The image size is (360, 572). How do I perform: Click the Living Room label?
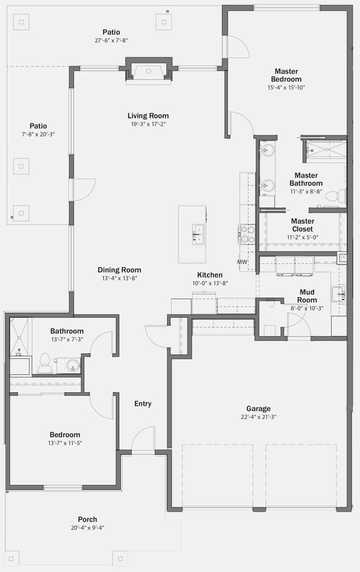click(x=148, y=116)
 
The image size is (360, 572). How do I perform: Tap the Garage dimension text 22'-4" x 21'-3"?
click(x=258, y=417)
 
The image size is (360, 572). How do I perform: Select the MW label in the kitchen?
click(x=242, y=262)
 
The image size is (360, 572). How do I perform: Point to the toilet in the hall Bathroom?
click(x=44, y=363)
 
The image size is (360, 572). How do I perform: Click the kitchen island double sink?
click(x=199, y=234)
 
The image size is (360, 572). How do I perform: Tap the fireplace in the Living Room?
click(x=148, y=71)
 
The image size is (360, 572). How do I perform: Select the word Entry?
click(x=143, y=403)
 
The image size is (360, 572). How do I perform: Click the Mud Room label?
click(x=307, y=296)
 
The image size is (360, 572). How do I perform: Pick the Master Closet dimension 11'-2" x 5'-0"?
click(x=302, y=237)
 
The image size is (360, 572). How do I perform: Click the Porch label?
click(x=88, y=519)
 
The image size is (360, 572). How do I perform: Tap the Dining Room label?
click(x=119, y=270)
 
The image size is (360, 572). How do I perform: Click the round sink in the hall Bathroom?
click(x=73, y=365)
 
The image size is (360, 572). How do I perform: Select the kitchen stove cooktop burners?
click(x=247, y=234)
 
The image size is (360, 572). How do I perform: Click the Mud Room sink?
click(x=338, y=294)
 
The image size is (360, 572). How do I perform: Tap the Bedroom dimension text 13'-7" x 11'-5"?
click(x=65, y=443)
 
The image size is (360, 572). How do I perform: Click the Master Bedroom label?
click(x=286, y=75)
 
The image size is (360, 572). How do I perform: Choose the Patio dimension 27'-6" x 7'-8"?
click(x=111, y=40)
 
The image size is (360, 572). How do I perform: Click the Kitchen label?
click(x=210, y=275)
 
